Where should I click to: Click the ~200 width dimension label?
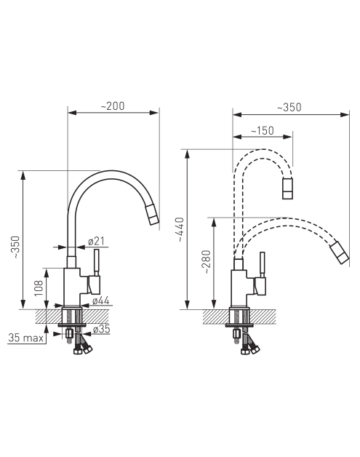click(x=113, y=106)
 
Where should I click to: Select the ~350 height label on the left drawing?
click(x=15, y=247)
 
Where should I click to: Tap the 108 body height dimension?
click(x=39, y=288)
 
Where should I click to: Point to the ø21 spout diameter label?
click(x=96, y=241)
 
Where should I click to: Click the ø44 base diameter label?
click(x=101, y=301)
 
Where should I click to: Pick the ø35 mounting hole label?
click(x=101, y=329)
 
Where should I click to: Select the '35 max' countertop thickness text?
click(x=25, y=338)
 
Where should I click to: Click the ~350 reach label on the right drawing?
click(x=289, y=107)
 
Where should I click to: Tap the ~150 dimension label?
click(x=263, y=130)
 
